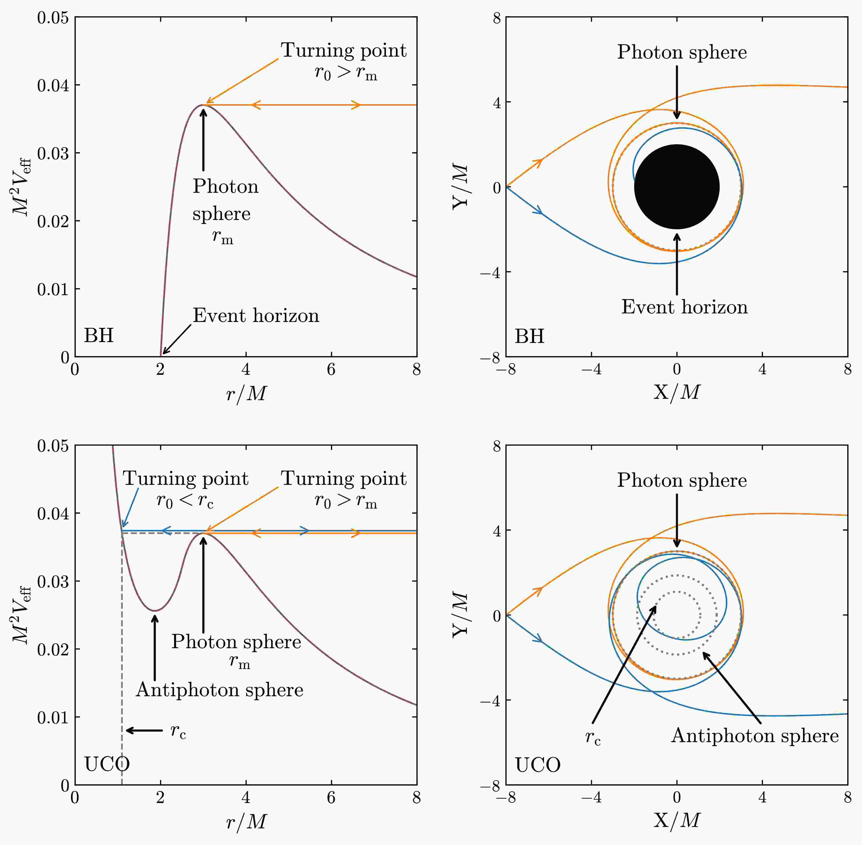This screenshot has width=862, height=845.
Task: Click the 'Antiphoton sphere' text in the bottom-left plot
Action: [220, 690]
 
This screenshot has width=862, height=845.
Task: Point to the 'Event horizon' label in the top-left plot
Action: [256, 316]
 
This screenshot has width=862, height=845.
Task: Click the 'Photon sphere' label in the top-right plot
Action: [682, 52]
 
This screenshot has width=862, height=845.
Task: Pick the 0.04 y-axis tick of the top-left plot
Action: [53, 85]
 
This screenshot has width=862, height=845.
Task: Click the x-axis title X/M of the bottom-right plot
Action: [677, 820]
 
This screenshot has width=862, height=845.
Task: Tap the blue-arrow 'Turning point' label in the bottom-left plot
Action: [185, 478]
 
